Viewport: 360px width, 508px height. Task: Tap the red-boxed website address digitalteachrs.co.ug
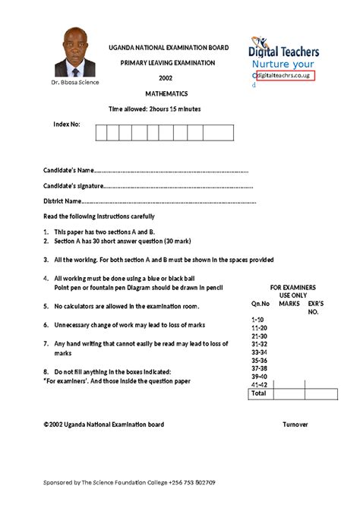[x=283, y=77]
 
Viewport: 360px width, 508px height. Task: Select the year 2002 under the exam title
[x=166, y=78]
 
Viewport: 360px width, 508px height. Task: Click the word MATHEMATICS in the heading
[x=166, y=94]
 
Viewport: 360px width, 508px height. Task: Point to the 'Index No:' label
[x=66, y=123]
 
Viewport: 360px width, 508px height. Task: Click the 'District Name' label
[x=62, y=201]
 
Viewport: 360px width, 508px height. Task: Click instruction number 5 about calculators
[x=125, y=306]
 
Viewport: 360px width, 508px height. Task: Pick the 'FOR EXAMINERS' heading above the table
[x=292, y=288]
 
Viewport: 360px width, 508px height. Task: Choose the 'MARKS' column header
[x=289, y=304]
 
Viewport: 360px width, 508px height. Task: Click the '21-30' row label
[x=259, y=336]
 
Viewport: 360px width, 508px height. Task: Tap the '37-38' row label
[x=259, y=368]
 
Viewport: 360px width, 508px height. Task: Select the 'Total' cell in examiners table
[x=259, y=394]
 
